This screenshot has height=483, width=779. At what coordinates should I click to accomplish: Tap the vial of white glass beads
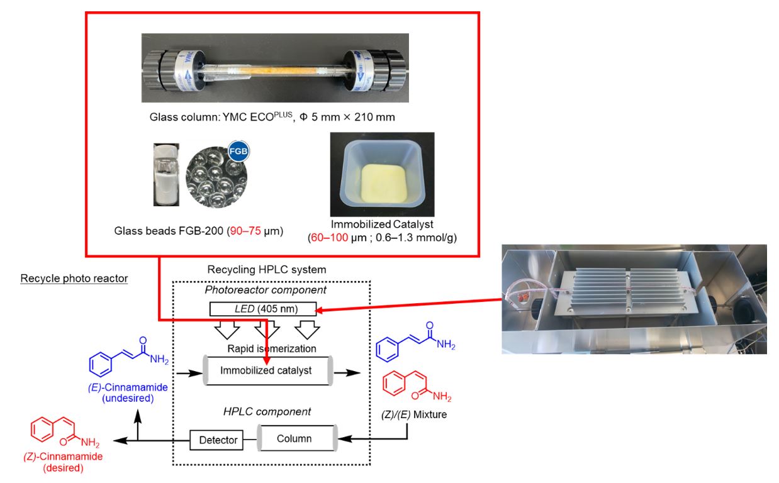167,174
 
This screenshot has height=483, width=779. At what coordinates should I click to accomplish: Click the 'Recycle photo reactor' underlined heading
74,278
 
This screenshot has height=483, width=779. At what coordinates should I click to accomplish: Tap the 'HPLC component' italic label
267,412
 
